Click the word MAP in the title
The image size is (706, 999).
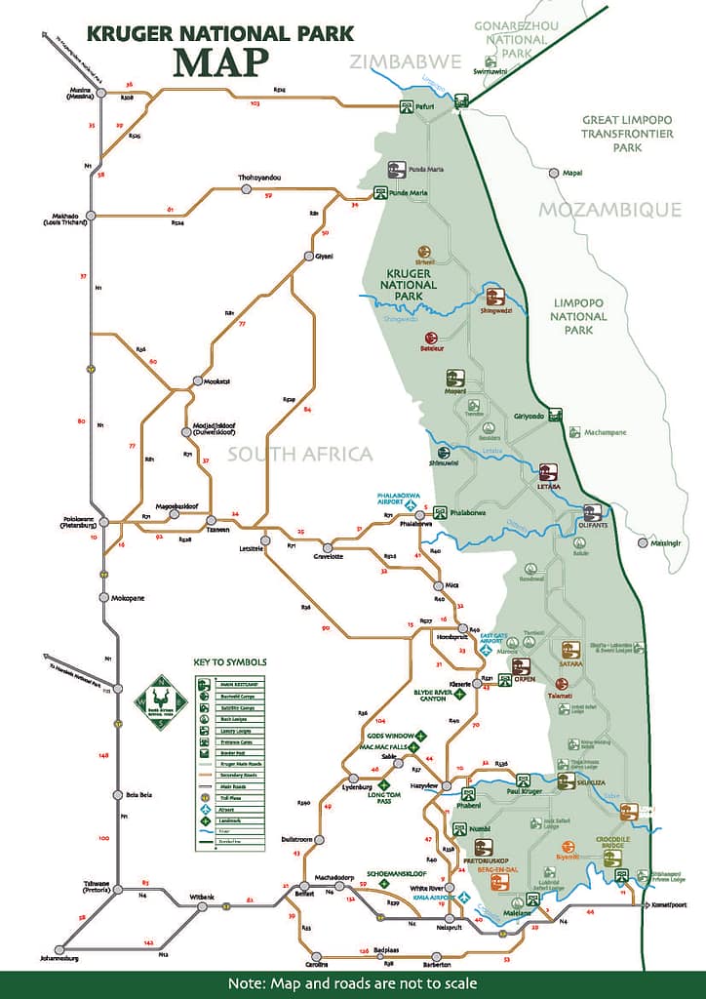219,60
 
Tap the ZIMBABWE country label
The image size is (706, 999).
407,61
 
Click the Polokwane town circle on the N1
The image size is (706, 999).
103,523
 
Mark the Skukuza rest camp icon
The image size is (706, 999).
566,781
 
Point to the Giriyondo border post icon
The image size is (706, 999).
555,415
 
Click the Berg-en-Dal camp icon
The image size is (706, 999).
499,882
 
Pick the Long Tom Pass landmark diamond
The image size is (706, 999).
384,784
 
